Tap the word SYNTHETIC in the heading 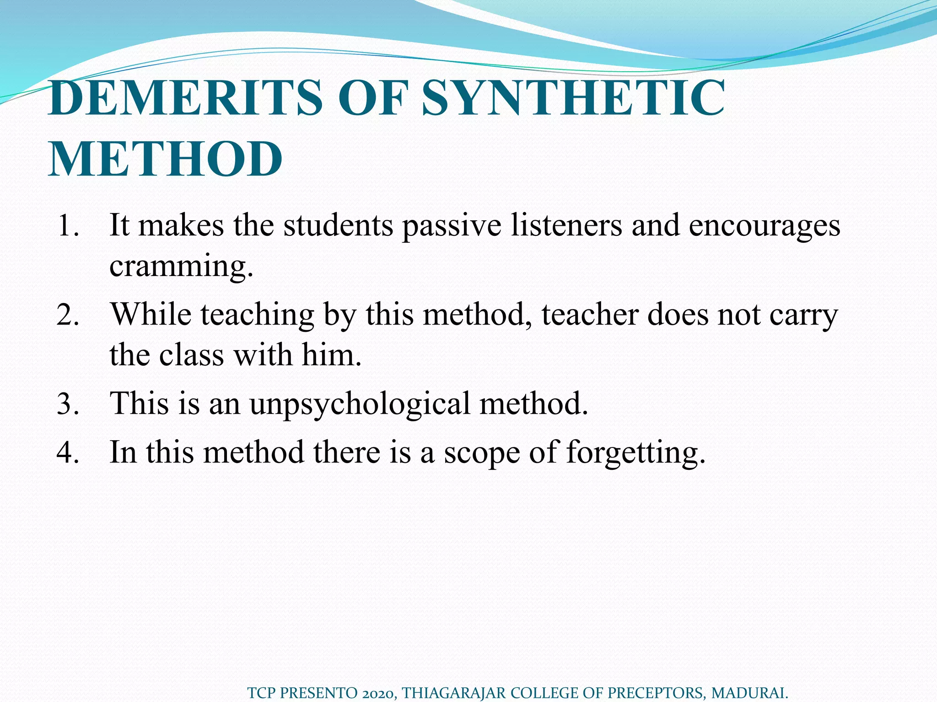[573, 98]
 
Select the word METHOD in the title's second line [165, 159]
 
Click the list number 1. [67, 226]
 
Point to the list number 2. [67, 315]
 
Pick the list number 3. [67, 404]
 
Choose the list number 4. [67, 452]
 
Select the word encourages [764, 226]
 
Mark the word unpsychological [360, 404]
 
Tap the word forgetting [635, 452]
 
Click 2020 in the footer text [377, 693]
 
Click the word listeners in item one [566, 226]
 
